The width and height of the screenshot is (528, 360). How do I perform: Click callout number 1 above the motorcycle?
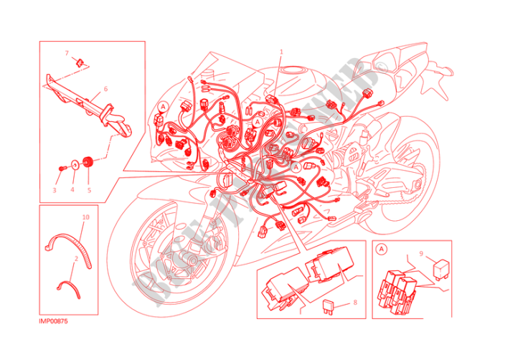(x=281, y=52)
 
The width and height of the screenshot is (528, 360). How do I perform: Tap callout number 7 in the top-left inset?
(x=67, y=53)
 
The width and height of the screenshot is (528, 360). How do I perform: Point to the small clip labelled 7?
(x=80, y=64)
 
